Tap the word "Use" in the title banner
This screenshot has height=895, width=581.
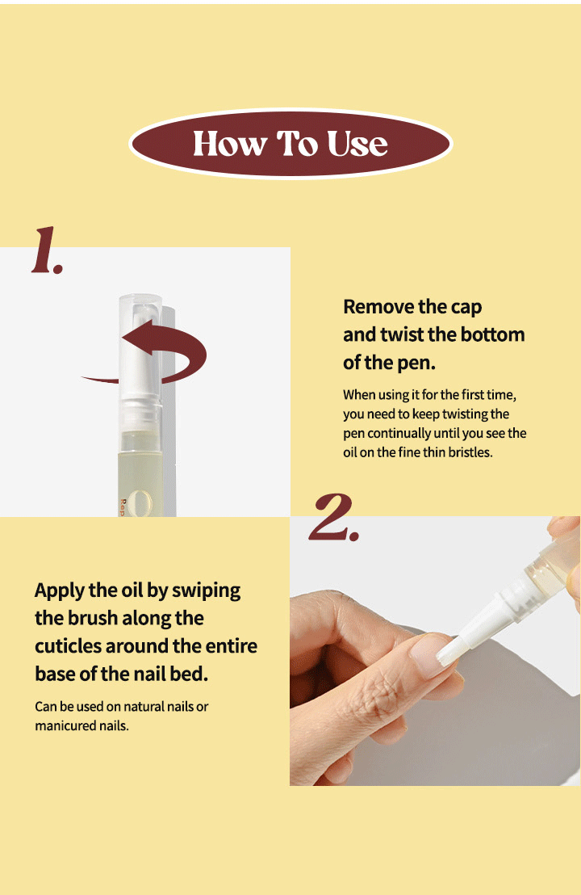(357, 143)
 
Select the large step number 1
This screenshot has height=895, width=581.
(47, 250)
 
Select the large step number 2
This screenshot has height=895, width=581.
(333, 517)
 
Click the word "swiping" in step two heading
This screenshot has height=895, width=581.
(206, 590)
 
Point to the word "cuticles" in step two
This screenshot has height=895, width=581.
(68, 646)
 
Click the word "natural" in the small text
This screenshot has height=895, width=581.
(143, 707)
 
